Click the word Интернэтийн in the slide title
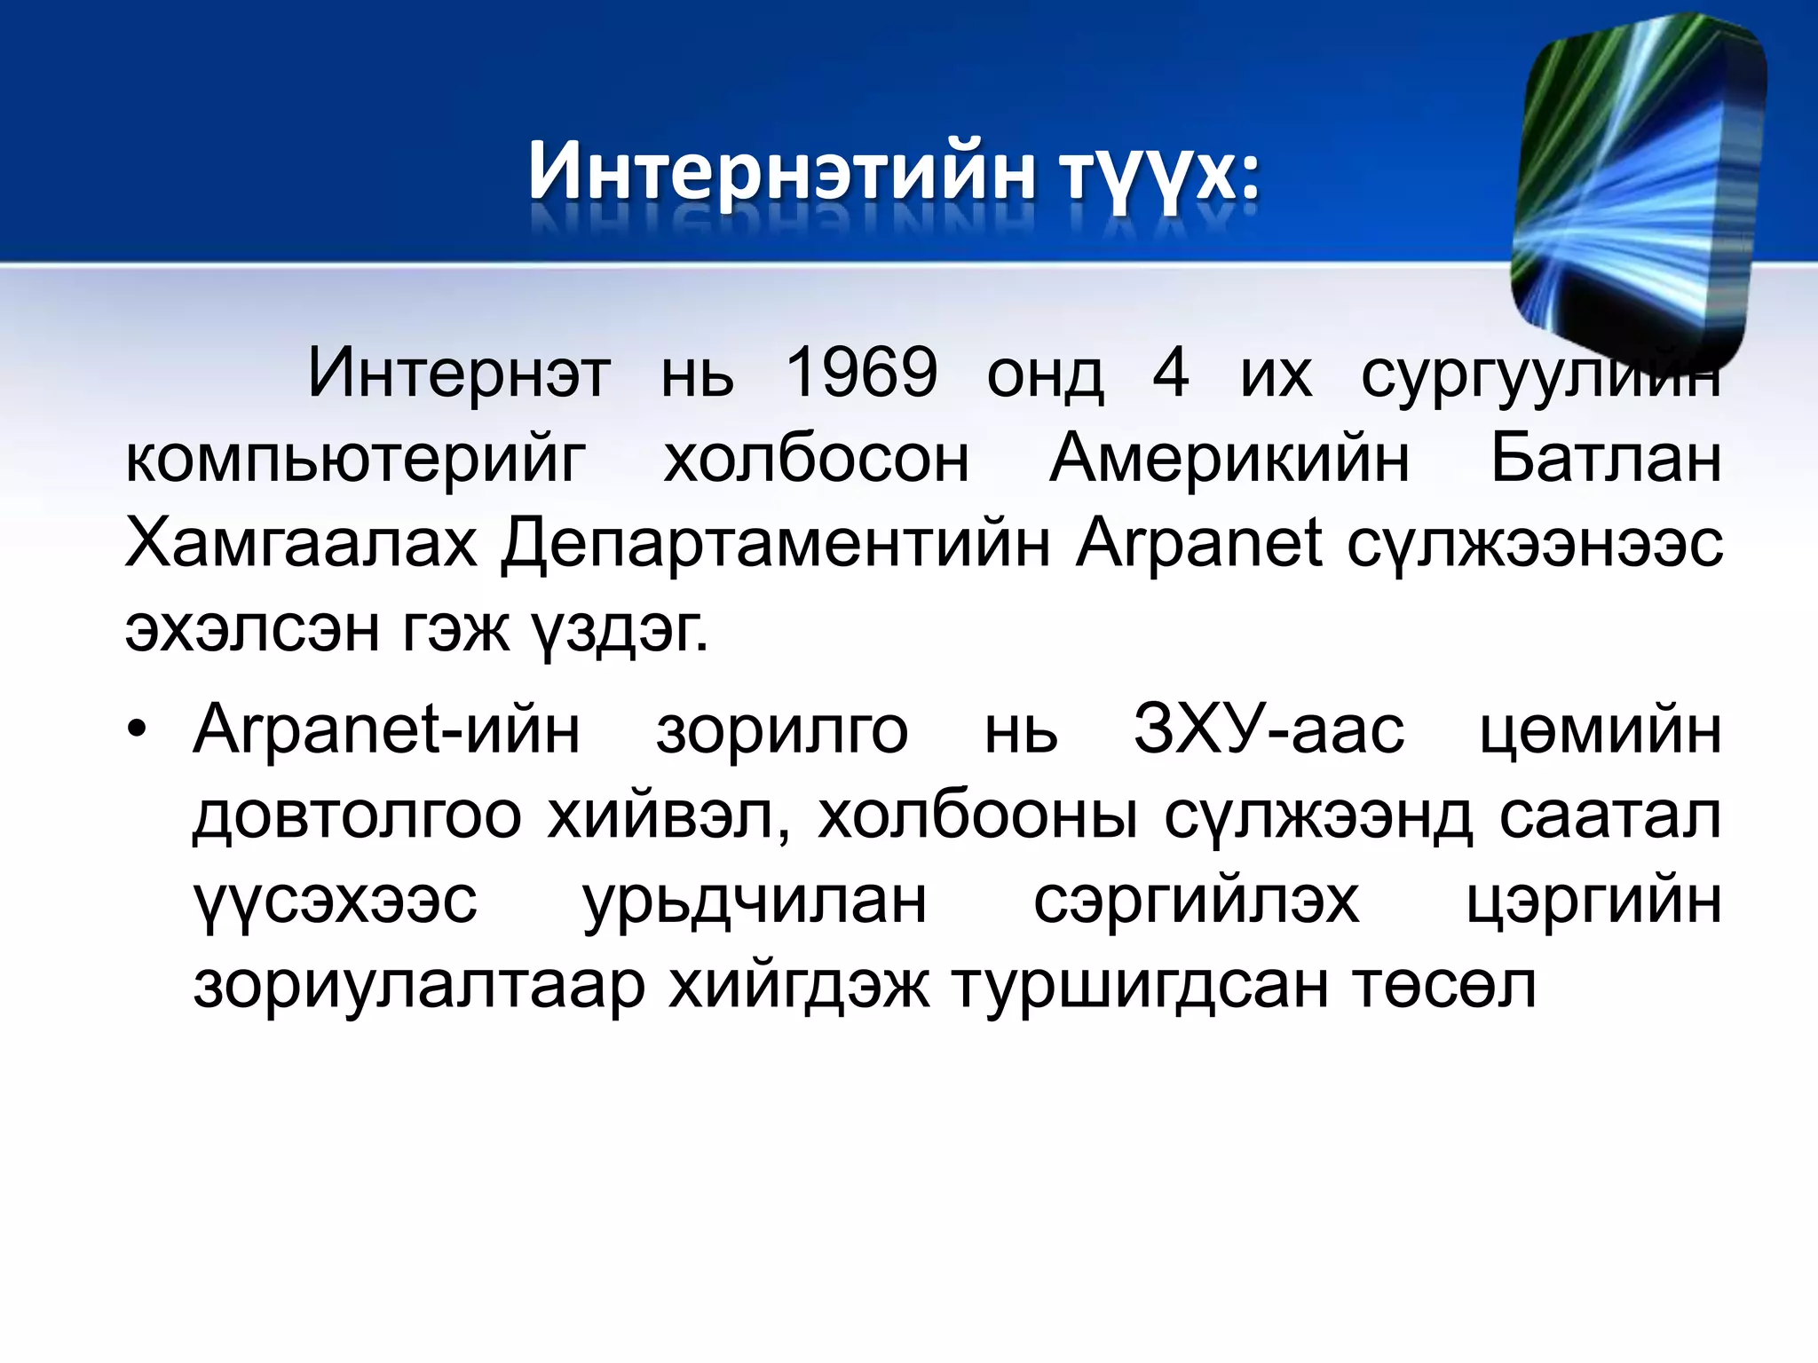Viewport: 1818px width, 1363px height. [781, 170]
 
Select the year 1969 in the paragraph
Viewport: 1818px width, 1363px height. [861, 373]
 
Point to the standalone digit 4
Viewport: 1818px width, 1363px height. [1170, 373]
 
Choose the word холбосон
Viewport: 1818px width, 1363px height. [816, 460]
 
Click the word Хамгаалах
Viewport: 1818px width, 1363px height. [302, 543]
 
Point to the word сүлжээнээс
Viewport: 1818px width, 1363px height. [1535, 545]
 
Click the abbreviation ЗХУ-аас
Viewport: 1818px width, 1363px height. [1269, 731]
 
